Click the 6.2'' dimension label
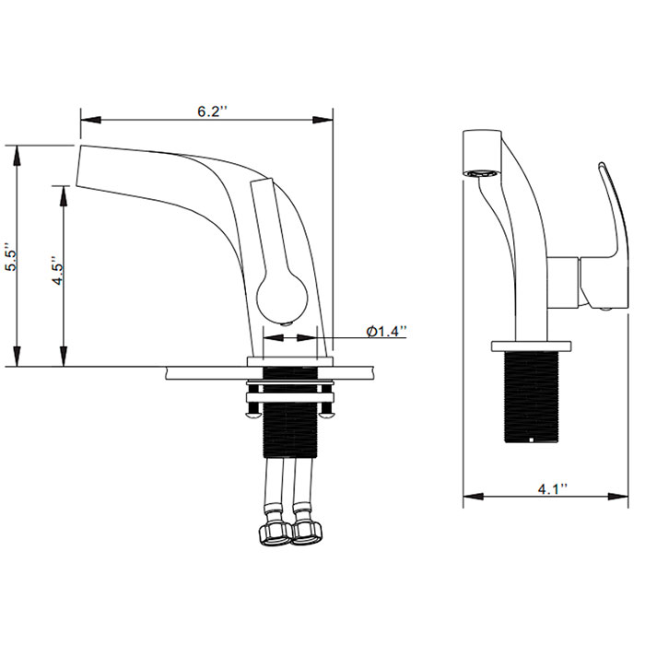pyautogui.click(x=212, y=111)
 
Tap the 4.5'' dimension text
pyautogui.click(x=57, y=271)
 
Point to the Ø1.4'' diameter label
pyautogui.click(x=386, y=331)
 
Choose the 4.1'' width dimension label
pyautogui.click(x=553, y=489)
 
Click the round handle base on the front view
pyautogui.click(x=282, y=299)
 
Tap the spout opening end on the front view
pyautogui.click(x=78, y=166)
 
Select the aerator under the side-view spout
pyautogui.click(x=481, y=173)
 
